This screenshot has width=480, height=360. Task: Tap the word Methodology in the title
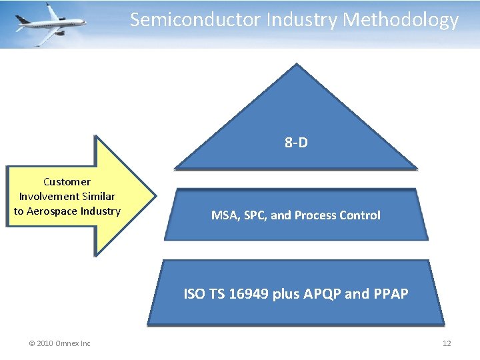[401, 20]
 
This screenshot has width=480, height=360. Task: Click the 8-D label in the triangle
[296, 143]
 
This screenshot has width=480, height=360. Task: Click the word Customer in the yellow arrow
[67, 181]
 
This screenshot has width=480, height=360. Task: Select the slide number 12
[447, 343]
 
